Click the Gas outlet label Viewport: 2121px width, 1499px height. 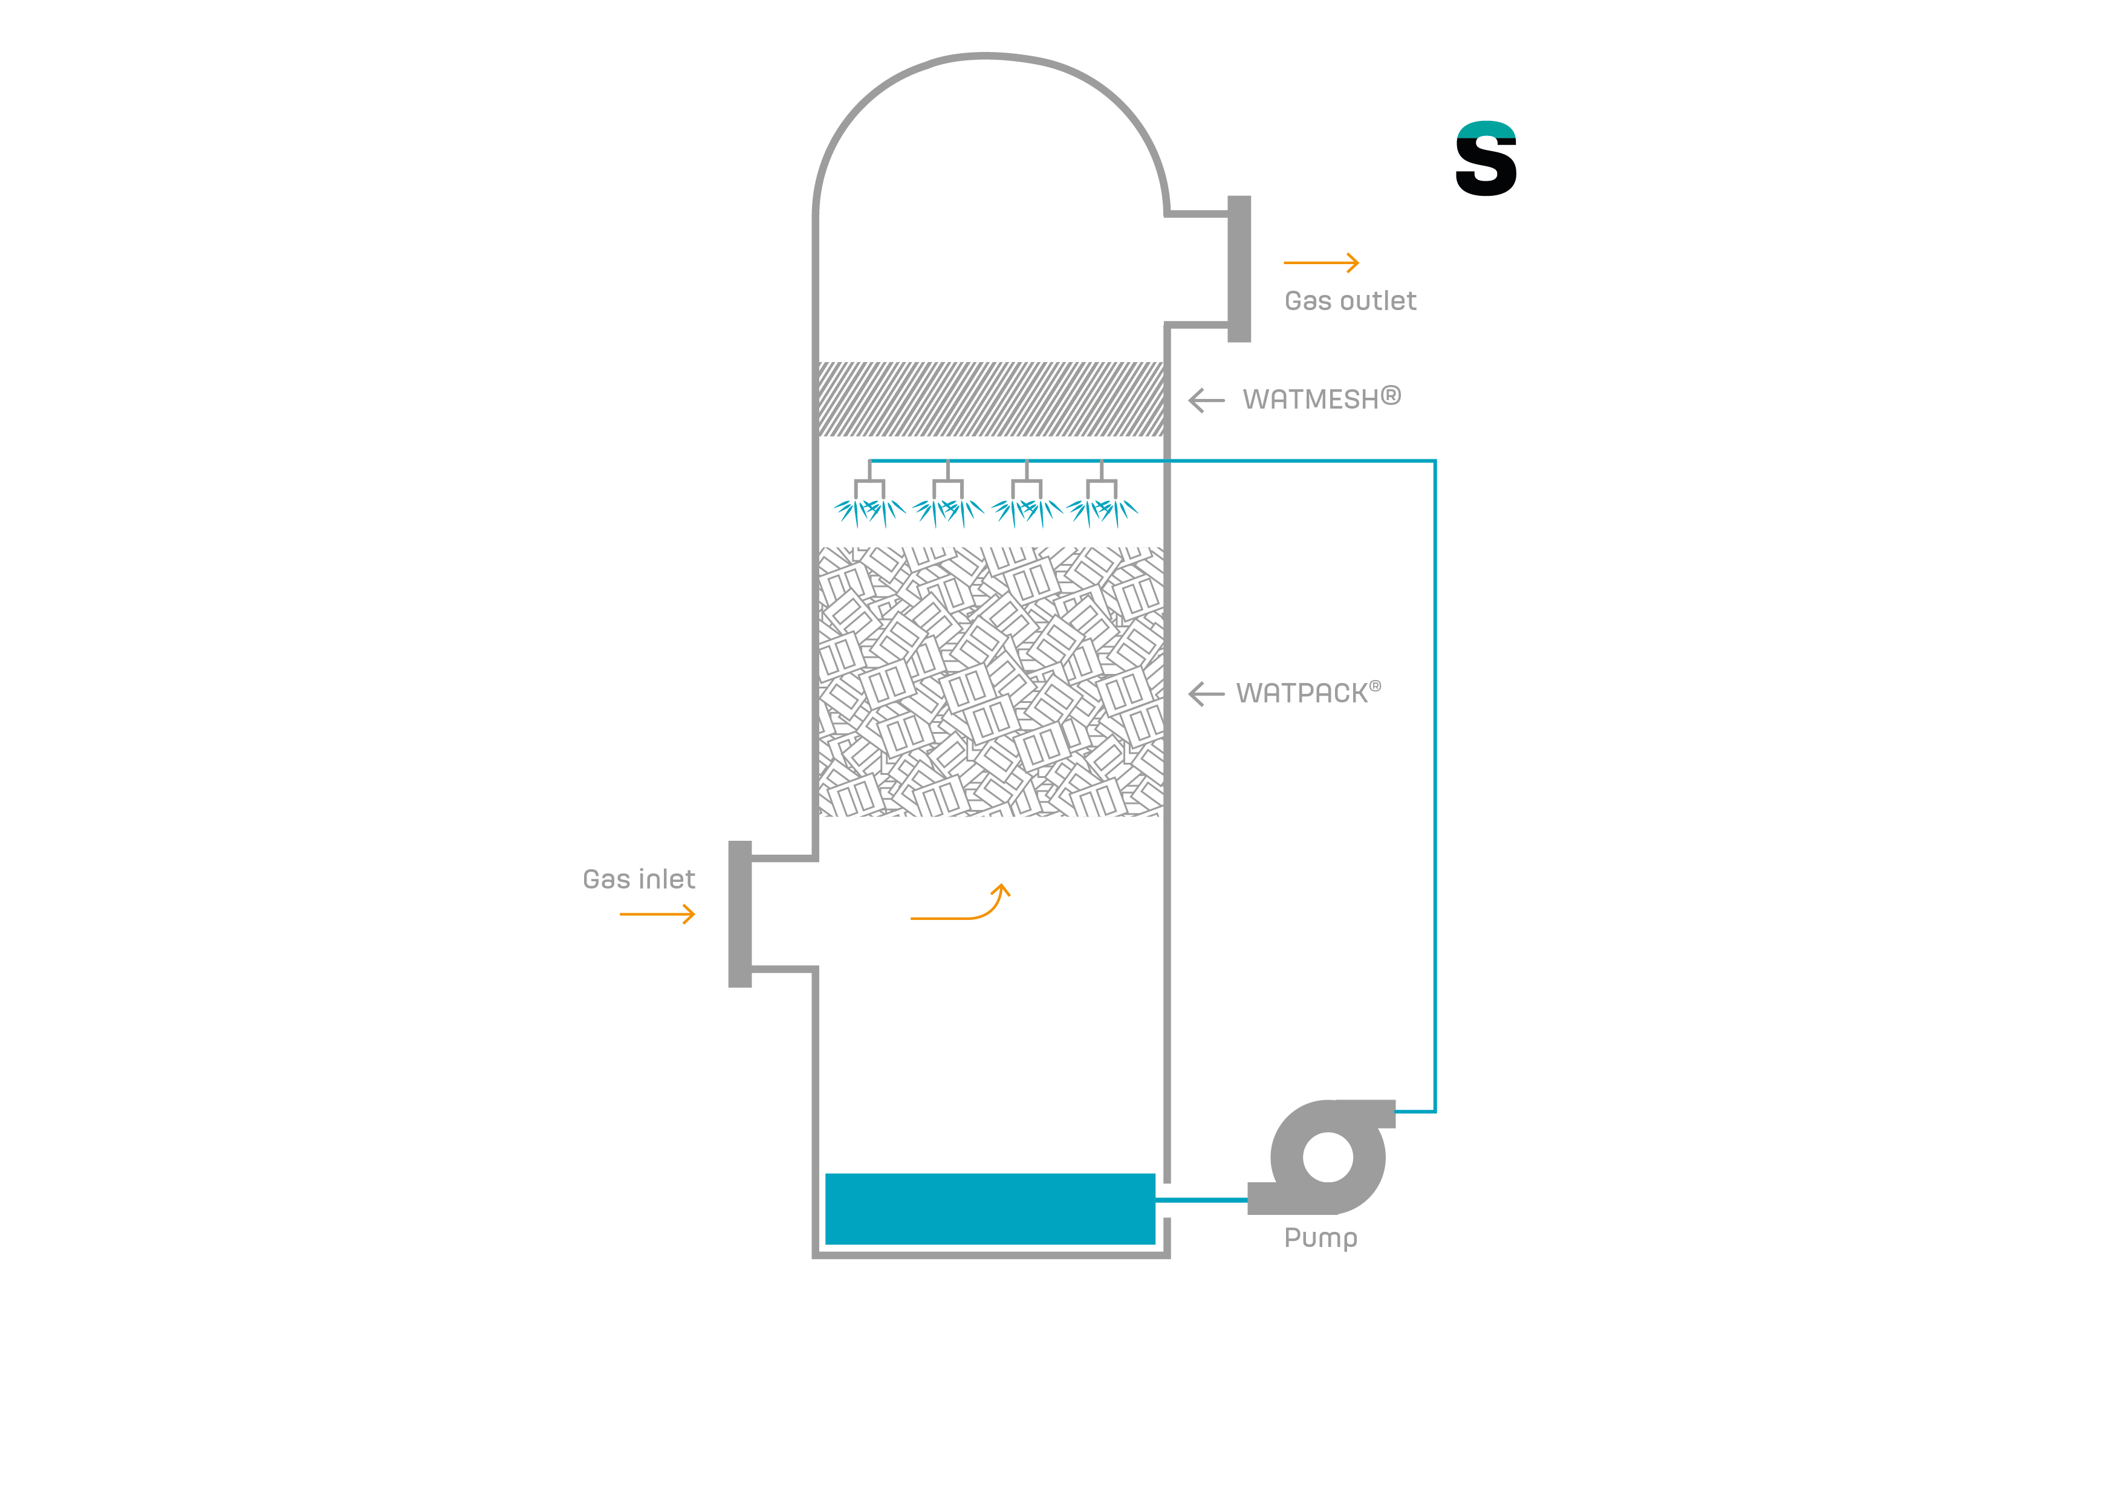pyautogui.click(x=1350, y=301)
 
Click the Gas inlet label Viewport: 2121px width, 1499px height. pyautogui.click(x=638, y=879)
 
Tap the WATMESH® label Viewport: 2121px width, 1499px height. pyautogui.click(x=1322, y=399)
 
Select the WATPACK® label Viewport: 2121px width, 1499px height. pyautogui.click(x=1308, y=693)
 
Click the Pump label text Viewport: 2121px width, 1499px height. pyautogui.click(x=1321, y=1238)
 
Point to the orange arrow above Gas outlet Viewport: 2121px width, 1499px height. pyautogui.click(x=1321, y=263)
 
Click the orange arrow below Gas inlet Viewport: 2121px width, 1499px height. pyautogui.click(x=657, y=915)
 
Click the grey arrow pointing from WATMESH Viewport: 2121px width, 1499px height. pyautogui.click(x=1206, y=400)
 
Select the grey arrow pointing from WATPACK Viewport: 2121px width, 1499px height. pyautogui.click(x=1206, y=694)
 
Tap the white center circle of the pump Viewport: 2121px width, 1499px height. pyautogui.click(x=1328, y=1157)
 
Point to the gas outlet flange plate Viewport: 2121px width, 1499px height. pyautogui.click(x=1239, y=269)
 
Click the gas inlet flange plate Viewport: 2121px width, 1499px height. pyautogui.click(x=740, y=915)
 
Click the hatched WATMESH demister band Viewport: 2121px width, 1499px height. pyautogui.click(x=991, y=399)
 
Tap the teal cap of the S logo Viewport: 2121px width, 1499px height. pyautogui.click(x=1486, y=130)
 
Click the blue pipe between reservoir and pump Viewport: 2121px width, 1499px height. pyautogui.click(x=1201, y=1200)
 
